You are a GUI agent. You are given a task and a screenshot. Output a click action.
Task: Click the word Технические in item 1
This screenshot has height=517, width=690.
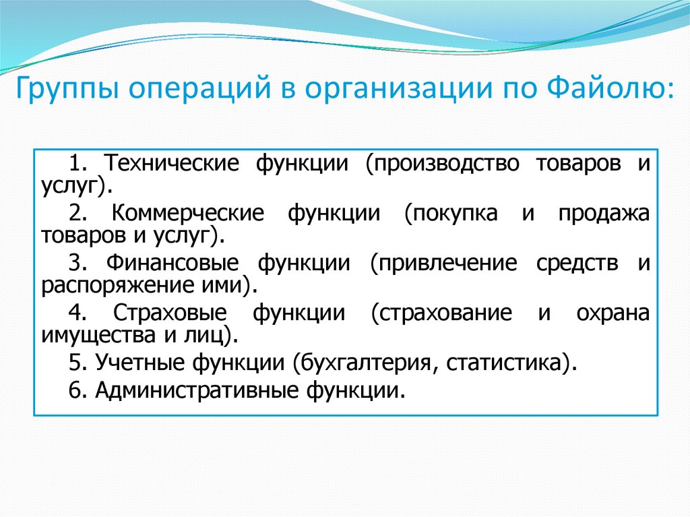coord(172,163)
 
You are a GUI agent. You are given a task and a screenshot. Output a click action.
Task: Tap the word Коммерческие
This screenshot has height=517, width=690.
coord(188,214)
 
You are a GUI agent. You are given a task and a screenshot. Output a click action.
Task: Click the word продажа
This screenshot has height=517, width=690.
coord(604,214)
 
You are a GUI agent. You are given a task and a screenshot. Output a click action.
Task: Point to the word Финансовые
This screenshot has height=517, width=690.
coord(172,264)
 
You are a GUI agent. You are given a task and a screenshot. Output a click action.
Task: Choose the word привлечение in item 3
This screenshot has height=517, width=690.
coord(443,264)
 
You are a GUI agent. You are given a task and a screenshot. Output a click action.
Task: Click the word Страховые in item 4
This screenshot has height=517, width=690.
coord(170,313)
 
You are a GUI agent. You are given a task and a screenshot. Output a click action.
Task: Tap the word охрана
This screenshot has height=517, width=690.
coord(613,313)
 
